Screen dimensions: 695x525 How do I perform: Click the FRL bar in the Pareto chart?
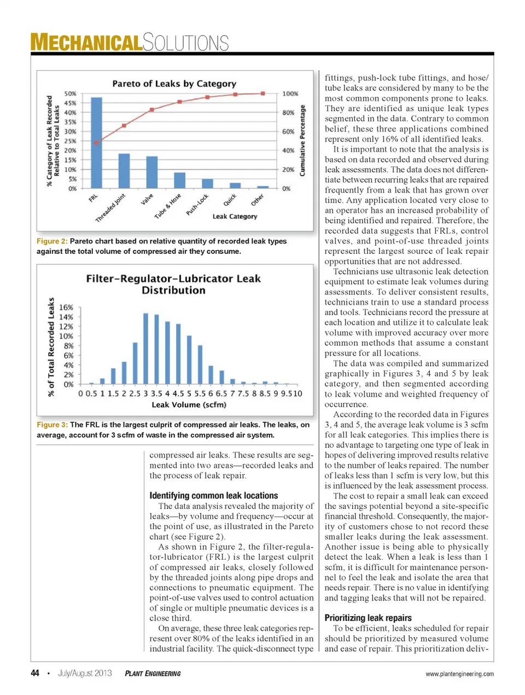(96, 143)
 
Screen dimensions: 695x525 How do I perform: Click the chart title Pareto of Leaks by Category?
(174, 84)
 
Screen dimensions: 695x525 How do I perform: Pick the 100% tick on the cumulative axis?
(290, 94)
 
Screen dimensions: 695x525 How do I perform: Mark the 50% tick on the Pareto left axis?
(71, 94)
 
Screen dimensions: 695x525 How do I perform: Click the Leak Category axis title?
(235, 217)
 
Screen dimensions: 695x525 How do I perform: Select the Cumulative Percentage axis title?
(302, 141)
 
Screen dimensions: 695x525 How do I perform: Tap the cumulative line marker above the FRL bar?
(96, 143)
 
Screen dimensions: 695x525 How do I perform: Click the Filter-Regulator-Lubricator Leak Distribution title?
(173, 285)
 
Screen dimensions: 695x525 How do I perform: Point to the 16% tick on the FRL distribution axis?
(66, 308)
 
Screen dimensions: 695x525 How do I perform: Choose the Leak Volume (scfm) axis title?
(189, 405)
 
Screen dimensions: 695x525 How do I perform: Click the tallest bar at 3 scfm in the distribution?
(146, 349)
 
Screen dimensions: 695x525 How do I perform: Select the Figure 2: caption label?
(52, 241)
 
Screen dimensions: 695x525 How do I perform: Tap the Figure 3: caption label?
(52, 425)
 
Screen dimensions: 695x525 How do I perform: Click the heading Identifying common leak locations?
(214, 495)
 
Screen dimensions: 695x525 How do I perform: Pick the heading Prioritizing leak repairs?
(368, 618)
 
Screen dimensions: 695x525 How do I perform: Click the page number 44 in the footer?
(35, 673)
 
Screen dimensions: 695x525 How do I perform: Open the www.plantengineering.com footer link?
(459, 674)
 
